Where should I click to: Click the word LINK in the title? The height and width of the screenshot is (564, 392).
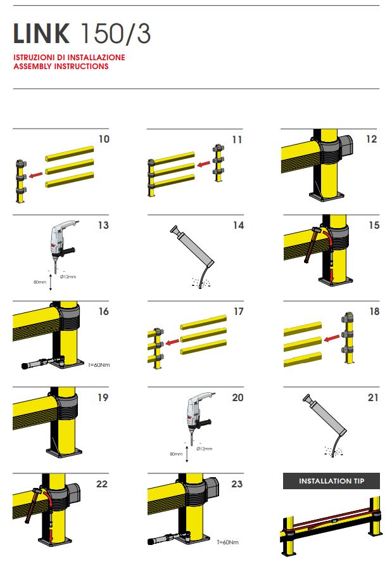(41, 34)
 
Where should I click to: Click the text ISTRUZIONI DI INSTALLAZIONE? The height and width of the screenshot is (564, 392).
(70, 58)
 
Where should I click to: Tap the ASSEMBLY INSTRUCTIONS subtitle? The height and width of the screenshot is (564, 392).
(61, 67)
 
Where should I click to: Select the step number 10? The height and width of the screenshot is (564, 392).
(104, 139)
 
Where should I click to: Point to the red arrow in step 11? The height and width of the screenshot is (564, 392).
(204, 164)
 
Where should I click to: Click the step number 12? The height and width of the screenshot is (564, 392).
(372, 139)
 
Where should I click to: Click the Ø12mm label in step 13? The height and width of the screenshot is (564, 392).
(68, 276)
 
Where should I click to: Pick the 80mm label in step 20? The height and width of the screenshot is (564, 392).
(176, 454)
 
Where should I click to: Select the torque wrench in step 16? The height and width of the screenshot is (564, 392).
(42, 362)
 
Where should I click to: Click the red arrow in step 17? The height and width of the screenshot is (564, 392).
(173, 342)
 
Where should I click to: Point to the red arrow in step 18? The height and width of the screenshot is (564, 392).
(332, 338)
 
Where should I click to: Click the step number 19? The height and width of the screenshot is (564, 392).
(103, 398)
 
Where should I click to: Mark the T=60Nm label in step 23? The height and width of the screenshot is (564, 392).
(227, 542)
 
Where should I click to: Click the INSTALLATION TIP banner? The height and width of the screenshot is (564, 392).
(331, 481)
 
